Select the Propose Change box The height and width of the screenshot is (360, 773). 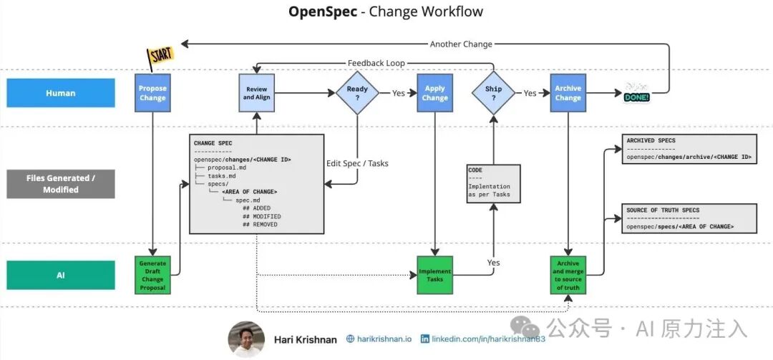[x=152, y=93]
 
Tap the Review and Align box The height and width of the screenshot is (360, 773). [x=256, y=93]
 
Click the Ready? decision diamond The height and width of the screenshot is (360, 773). [x=357, y=93]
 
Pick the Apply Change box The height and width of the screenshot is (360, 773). [x=434, y=93]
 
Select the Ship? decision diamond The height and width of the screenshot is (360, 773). [x=494, y=93]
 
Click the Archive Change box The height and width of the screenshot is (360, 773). [x=568, y=93]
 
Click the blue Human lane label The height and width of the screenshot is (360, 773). [x=61, y=93]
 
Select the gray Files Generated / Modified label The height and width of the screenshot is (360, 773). [x=61, y=184]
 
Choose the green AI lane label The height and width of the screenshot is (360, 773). [x=61, y=275]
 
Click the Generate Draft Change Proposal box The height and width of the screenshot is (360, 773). [x=152, y=275]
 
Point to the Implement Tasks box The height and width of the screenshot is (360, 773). [x=434, y=275]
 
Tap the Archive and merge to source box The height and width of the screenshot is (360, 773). [x=568, y=275]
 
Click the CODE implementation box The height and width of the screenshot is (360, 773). [x=493, y=183]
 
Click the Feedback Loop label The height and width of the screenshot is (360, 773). [x=376, y=63]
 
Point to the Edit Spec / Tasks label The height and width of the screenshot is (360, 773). [x=357, y=163]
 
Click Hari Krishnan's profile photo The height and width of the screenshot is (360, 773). [x=245, y=339]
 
